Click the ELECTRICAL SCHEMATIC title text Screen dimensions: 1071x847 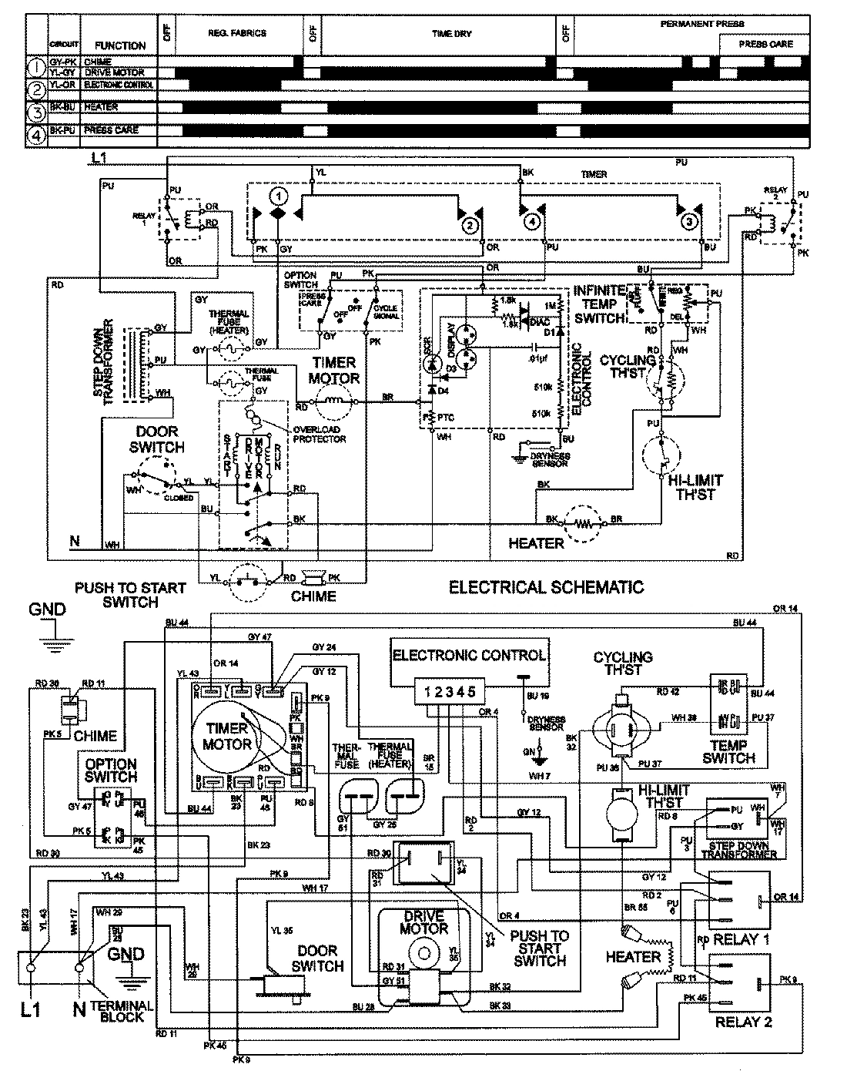546,588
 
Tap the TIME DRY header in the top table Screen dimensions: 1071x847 451,34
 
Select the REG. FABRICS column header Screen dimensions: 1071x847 237,34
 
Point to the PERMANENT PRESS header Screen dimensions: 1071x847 701,25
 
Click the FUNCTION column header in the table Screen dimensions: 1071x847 120,45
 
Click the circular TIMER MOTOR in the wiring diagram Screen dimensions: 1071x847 227,736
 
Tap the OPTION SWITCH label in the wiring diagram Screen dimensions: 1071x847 112,770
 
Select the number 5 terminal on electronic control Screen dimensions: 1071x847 471,692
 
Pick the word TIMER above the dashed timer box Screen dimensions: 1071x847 594,175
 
